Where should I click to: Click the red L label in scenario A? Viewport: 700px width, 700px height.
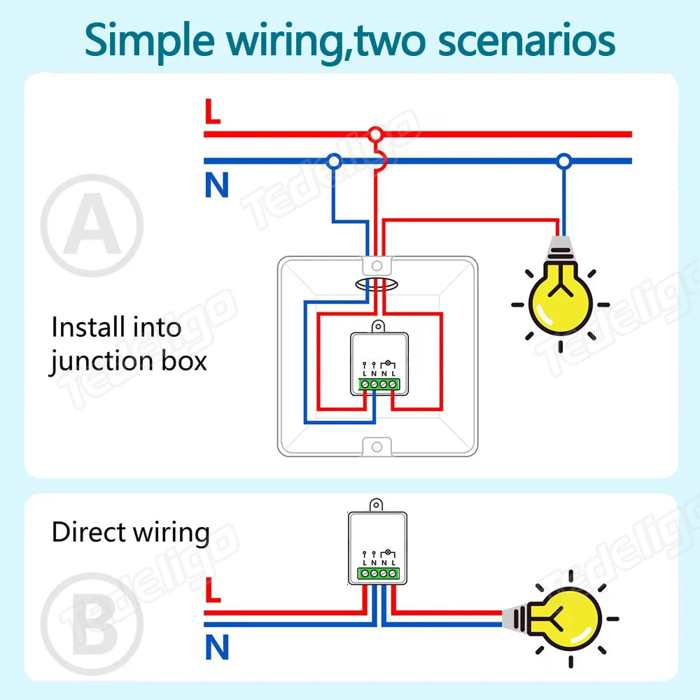tap(212, 112)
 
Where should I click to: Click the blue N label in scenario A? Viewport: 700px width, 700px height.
tap(217, 186)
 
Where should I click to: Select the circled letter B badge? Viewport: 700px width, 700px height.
tap(92, 624)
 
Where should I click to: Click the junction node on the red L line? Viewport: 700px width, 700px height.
tap(376, 134)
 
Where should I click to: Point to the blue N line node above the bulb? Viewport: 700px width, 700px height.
tap(563, 161)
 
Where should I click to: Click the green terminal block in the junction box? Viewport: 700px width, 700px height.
tap(377, 384)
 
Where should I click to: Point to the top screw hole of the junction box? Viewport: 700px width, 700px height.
tap(377, 266)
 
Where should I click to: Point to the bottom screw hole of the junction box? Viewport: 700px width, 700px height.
tap(377, 446)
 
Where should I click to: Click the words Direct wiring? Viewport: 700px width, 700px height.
tap(131, 533)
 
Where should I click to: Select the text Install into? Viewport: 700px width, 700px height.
tap(116, 327)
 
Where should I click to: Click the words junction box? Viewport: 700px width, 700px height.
tap(128, 361)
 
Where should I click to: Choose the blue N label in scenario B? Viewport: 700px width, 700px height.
tap(217, 648)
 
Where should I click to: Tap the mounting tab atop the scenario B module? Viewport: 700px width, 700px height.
tap(377, 503)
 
